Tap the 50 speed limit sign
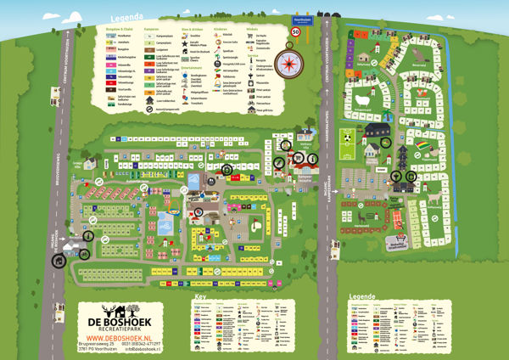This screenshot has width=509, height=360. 296,31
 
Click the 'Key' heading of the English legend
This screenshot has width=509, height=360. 200,297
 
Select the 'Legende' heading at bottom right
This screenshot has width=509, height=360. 361,297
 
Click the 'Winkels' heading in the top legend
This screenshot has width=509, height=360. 251,28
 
